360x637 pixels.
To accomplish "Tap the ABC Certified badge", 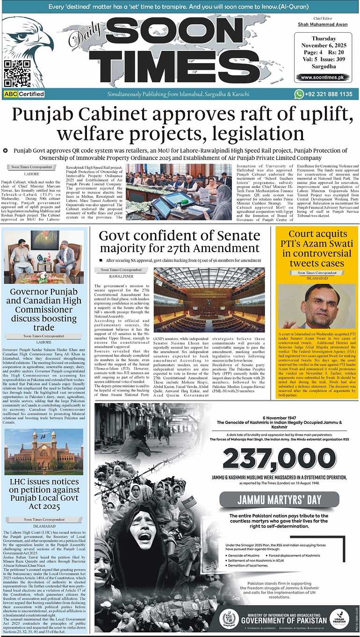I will point(24,94).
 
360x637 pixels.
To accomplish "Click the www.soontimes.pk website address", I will point(323,77).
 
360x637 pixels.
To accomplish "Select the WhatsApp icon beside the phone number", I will point(299,94).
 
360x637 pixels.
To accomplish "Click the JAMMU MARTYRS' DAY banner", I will point(280,499).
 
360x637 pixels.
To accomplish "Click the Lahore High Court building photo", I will point(43,452).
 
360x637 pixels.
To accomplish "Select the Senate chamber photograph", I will point(209,299).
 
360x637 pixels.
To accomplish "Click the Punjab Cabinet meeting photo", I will point(179,192).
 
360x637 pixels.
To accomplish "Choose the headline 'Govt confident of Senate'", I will point(180,235).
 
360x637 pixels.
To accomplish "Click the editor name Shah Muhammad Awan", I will point(323,25).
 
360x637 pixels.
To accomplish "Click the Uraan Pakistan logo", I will point(339,618).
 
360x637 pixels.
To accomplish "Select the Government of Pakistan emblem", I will point(229,618).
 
